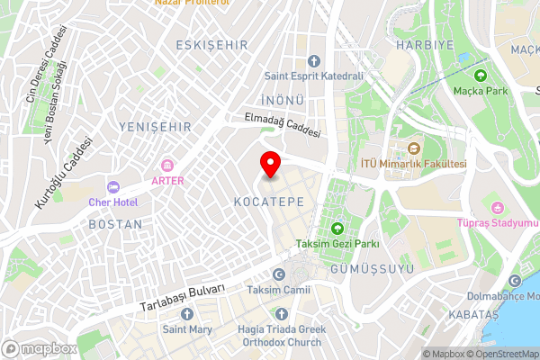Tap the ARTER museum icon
166,165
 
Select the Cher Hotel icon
112,186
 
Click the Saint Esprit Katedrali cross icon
313,61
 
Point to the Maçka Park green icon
481,76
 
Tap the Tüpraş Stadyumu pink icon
493,206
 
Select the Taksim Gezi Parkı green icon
337,229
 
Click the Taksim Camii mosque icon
278,274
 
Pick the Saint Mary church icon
187,313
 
